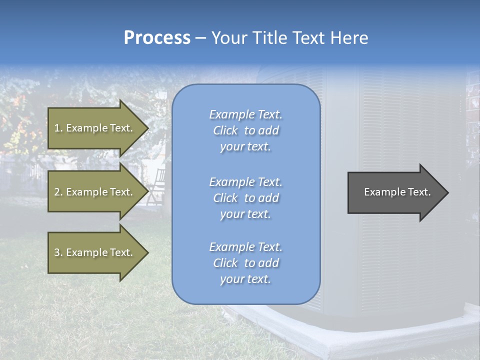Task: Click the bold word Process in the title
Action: tap(157, 38)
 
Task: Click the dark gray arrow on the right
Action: tap(395, 192)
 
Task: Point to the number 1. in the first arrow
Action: tap(58, 128)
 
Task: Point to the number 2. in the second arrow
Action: tap(58, 192)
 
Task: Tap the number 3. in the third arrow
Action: tap(58, 252)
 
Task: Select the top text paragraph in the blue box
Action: tap(245, 130)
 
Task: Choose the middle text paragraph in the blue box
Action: tap(245, 198)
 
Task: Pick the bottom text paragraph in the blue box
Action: tap(245, 263)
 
